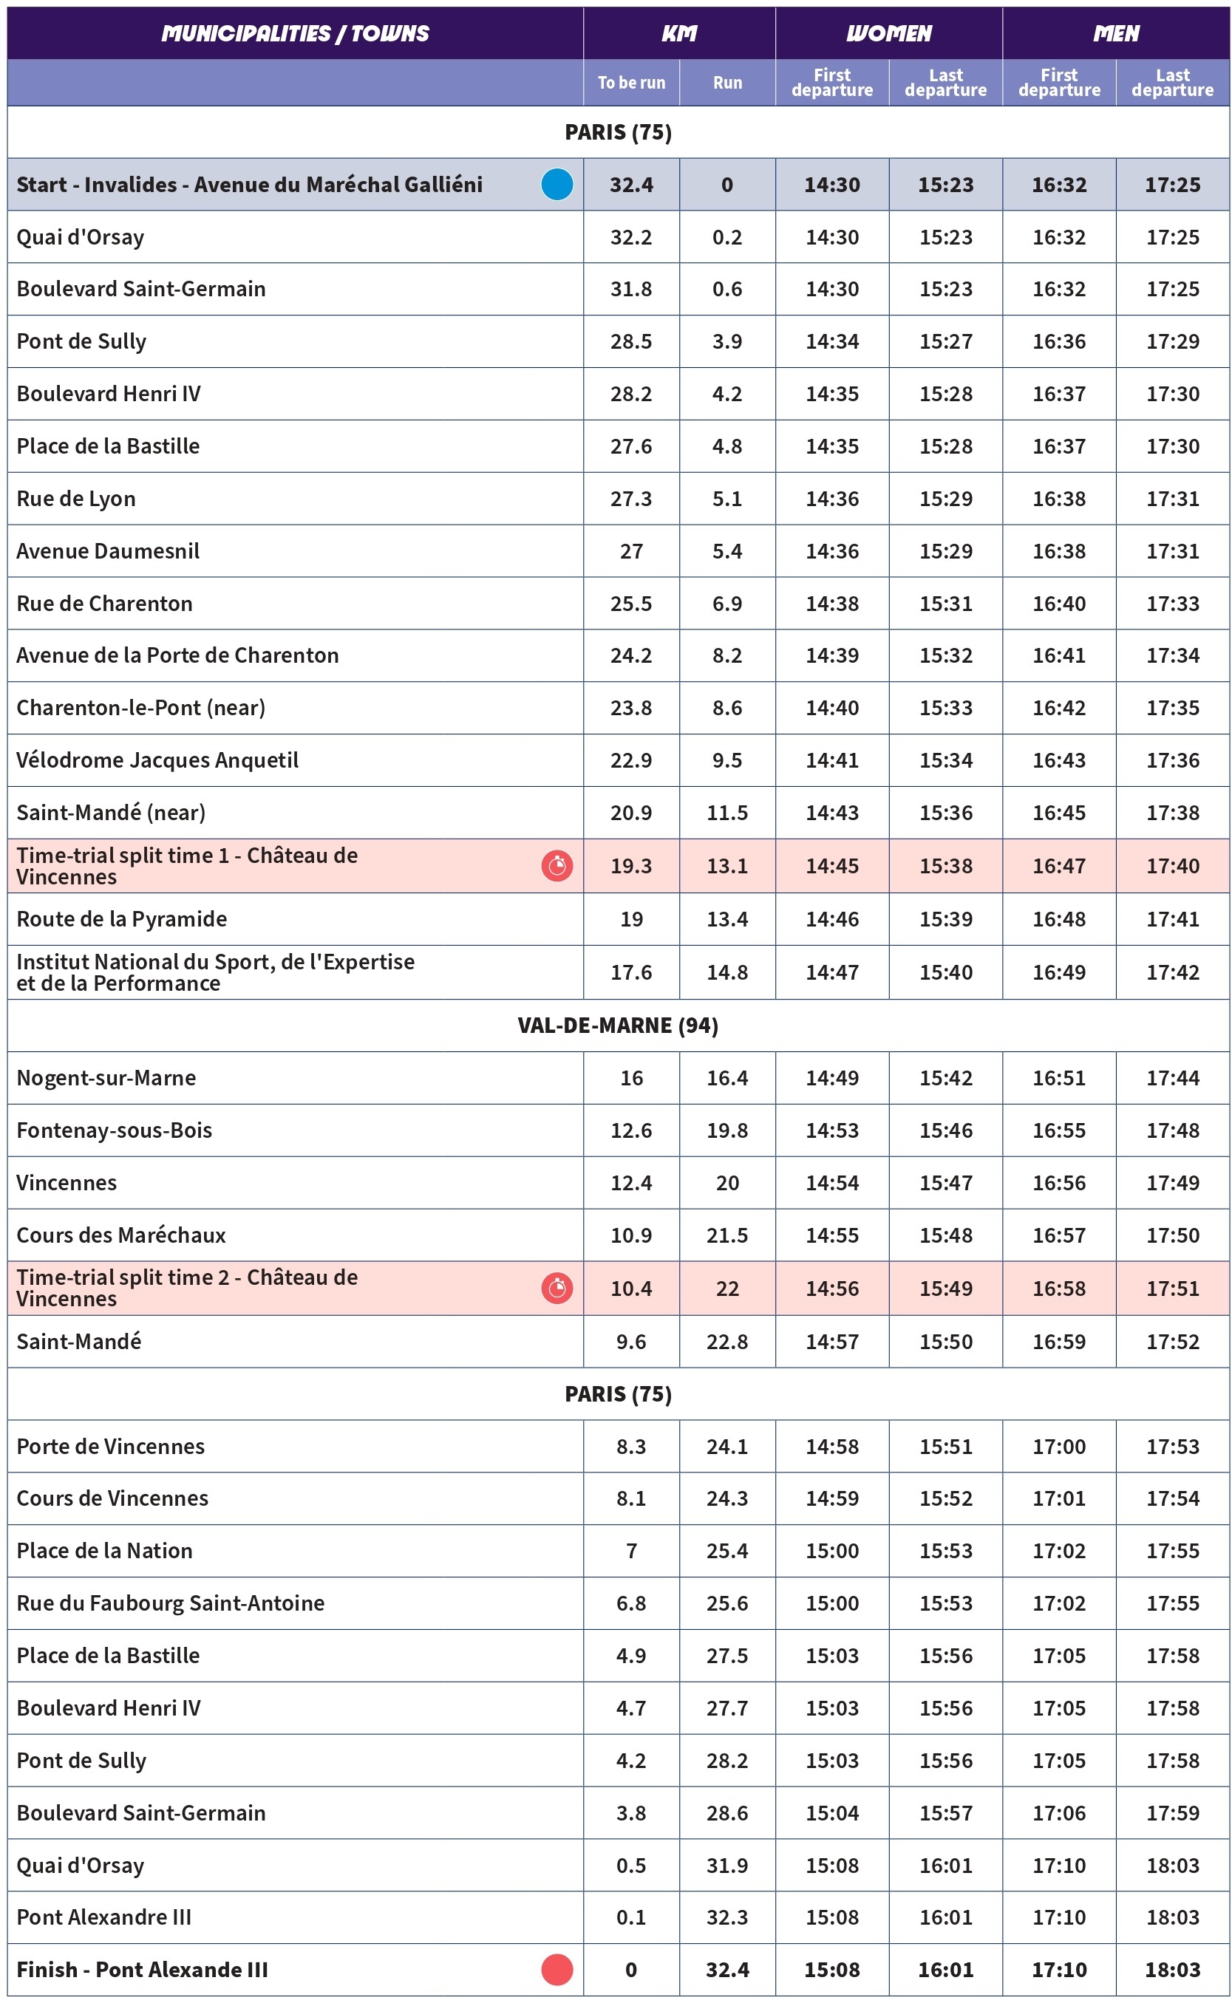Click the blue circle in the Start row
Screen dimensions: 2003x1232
pos(557,184)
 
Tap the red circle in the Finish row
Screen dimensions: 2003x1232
pos(557,1969)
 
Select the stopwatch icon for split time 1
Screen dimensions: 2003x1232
pos(557,865)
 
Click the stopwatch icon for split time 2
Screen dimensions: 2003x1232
pos(557,1288)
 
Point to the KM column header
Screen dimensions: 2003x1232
pos(678,33)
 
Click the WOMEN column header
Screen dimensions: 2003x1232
pos(888,33)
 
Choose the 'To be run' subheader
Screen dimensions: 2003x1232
pos(630,82)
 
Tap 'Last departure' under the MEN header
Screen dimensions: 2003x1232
pos(1173,82)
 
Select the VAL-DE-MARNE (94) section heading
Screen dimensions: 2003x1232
pos(618,1025)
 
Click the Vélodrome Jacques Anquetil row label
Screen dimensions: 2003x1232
pos(157,760)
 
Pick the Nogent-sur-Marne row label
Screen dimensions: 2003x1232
pos(106,1078)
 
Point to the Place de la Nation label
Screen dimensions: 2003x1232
pos(104,1550)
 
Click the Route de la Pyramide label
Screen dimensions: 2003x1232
pos(121,919)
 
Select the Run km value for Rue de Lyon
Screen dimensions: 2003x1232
pos(726,499)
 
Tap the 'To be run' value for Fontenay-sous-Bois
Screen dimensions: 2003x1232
pos(630,1130)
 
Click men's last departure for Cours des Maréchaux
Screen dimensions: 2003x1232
pos(1173,1235)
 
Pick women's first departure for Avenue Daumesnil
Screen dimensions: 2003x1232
pos(832,550)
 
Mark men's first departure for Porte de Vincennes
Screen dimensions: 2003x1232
pos(1059,1446)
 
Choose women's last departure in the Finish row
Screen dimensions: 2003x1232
pos(945,1969)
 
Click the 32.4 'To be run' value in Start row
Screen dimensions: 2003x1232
pos(630,185)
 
